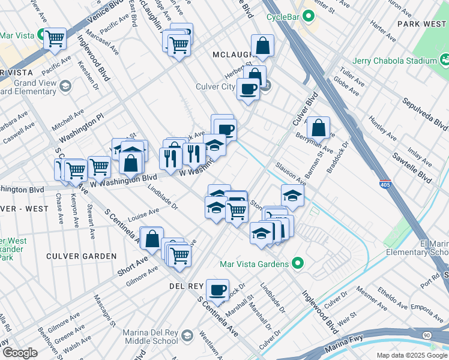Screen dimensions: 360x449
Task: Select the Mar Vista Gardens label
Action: (x=255, y=263)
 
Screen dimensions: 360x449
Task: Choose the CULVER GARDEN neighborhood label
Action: (x=82, y=256)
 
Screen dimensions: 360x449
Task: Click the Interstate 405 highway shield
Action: (x=385, y=185)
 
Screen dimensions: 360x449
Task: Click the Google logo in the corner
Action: (x=20, y=352)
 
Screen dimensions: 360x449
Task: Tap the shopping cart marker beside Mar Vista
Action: (x=55, y=39)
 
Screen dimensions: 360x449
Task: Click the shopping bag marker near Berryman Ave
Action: (x=318, y=127)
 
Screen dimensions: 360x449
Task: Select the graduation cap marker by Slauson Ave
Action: (x=292, y=196)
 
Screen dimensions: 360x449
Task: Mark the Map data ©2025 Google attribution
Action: (x=412, y=355)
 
